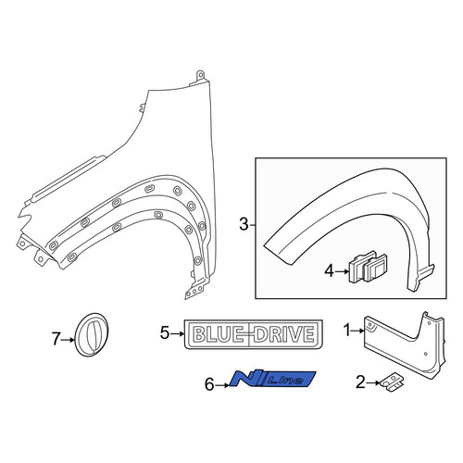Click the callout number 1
(x=348, y=331)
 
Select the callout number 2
(x=360, y=382)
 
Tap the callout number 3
(x=244, y=224)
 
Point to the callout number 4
(x=330, y=271)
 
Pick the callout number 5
(x=165, y=333)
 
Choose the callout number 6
(x=209, y=384)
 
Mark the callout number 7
(x=56, y=339)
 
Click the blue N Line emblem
(x=273, y=379)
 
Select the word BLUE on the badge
(x=218, y=334)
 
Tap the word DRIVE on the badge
(x=284, y=334)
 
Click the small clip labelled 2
(x=393, y=383)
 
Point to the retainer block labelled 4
(x=368, y=267)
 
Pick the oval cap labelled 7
(x=92, y=335)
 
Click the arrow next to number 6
(x=222, y=385)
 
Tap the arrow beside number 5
(x=178, y=333)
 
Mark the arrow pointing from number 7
(x=69, y=340)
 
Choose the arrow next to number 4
(x=343, y=271)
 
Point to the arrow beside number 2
(x=373, y=382)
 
